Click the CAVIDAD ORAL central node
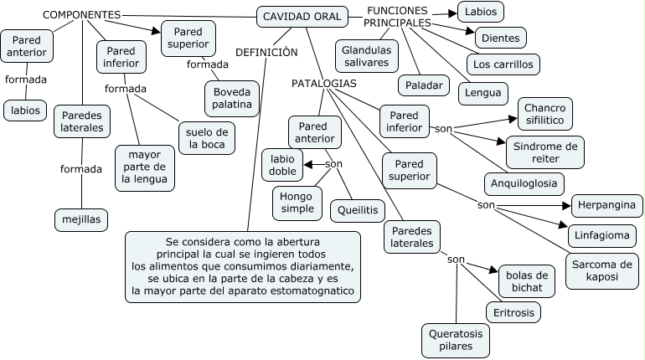[x=302, y=17]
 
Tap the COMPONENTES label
[x=81, y=15]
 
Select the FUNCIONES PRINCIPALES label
[x=397, y=16]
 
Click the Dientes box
[x=500, y=38]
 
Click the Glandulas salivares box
[x=366, y=56]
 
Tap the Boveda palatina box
[x=232, y=98]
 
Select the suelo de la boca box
[x=206, y=137]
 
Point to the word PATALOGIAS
[x=324, y=84]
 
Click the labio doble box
[x=282, y=164]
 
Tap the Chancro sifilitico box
[x=546, y=114]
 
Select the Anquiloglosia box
[x=524, y=183]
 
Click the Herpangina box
[x=606, y=205]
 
